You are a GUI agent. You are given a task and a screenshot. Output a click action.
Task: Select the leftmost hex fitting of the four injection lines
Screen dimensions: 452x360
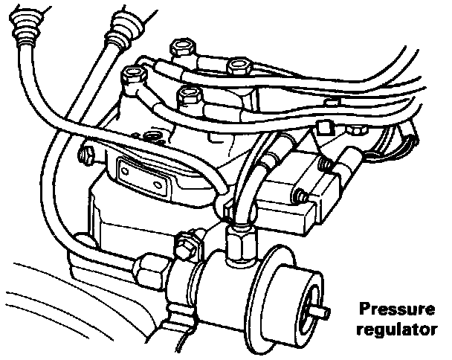[x=134, y=74]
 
